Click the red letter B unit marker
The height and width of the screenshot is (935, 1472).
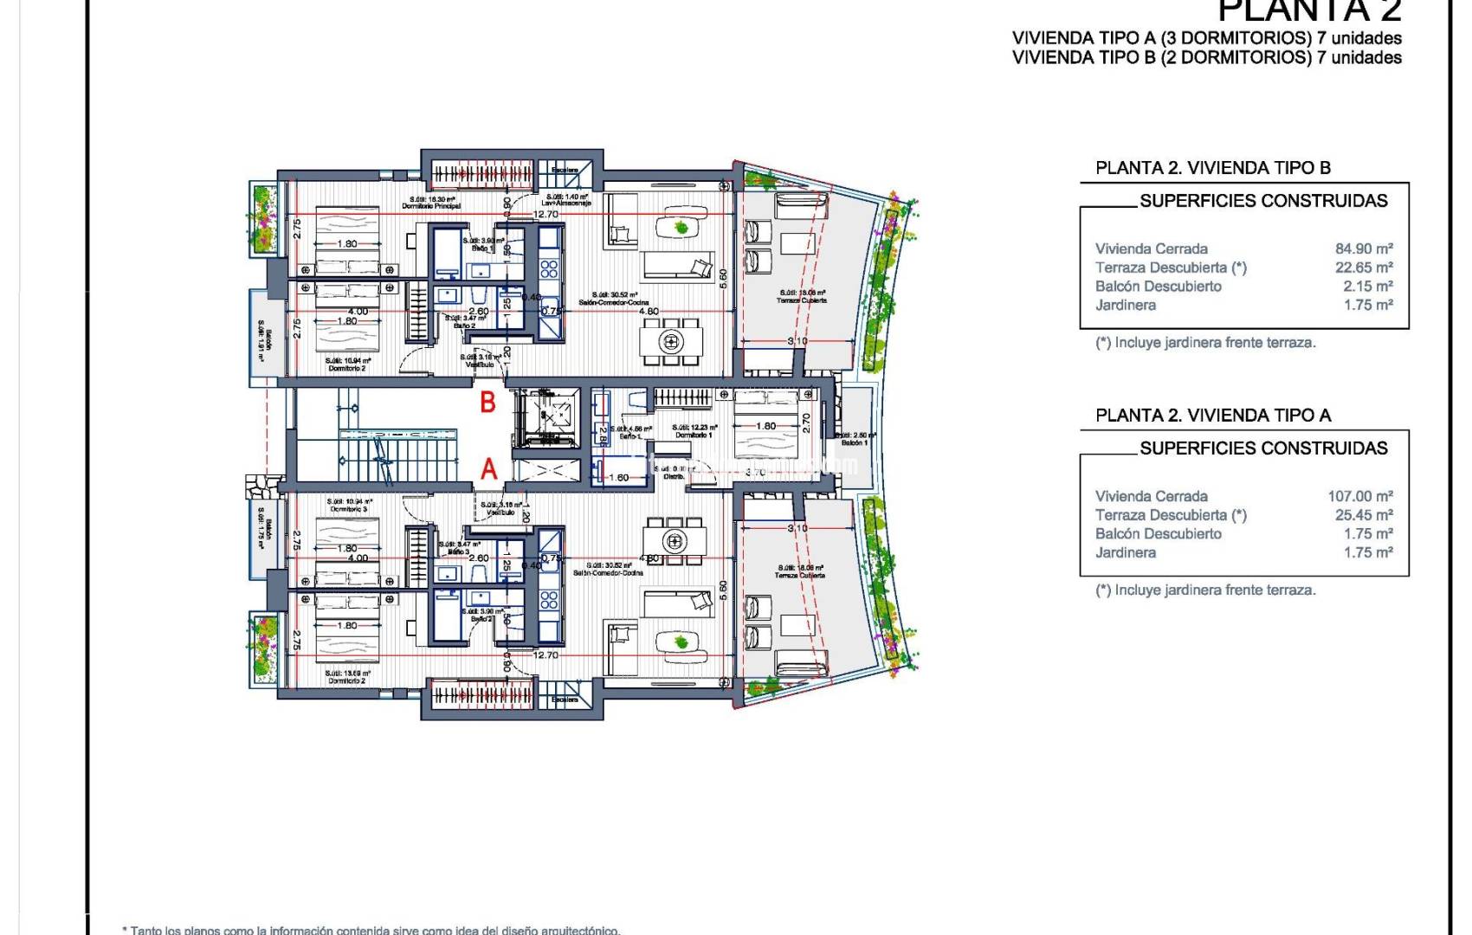(488, 403)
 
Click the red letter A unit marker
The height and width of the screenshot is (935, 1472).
(489, 469)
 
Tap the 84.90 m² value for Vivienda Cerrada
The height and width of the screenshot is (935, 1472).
(1364, 248)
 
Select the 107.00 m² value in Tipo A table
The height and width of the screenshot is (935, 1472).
(1360, 496)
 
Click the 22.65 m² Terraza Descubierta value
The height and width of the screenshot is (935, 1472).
(1364, 268)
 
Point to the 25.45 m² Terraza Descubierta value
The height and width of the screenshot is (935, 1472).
(1364, 515)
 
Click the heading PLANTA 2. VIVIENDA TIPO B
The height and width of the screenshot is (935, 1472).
(1212, 168)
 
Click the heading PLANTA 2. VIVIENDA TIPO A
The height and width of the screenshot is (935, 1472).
(1212, 416)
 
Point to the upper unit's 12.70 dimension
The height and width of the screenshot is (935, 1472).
(546, 214)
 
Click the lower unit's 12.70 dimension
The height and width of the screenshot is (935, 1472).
(546, 655)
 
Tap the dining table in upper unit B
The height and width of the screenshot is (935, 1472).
(671, 341)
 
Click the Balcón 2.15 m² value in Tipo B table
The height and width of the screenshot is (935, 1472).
(1368, 287)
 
